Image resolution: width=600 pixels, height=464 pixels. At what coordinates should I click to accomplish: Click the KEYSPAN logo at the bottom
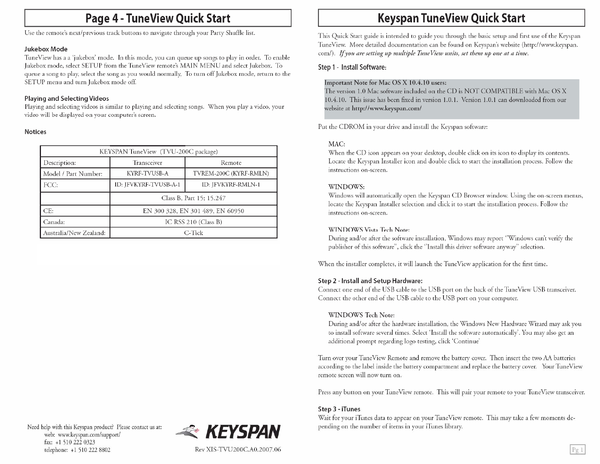(x=228, y=431)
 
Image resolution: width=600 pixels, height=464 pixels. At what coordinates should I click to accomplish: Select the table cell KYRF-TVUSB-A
(x=147, y=174)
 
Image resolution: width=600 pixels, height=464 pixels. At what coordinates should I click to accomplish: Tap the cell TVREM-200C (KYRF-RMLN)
(x=231, y=174)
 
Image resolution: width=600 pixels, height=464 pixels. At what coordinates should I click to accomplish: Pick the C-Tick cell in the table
(x=193, y=233)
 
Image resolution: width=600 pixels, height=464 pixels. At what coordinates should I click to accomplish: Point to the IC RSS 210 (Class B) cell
(x=193, y=222)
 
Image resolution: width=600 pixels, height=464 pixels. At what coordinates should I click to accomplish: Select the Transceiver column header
(x=147, y=163)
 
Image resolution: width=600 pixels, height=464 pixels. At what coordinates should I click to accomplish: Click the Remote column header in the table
(x=231, y=163)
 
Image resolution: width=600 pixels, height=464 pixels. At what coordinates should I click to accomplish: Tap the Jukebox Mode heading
(x=46, y=49)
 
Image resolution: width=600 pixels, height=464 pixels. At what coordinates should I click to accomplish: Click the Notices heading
(x=35, y=132)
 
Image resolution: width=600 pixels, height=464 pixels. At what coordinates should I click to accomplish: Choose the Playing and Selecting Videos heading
(x=67, y=99)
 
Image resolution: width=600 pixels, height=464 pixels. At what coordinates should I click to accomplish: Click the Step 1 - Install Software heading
(x=352, y=67)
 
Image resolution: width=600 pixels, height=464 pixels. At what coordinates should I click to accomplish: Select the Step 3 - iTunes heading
(x=339, y=409)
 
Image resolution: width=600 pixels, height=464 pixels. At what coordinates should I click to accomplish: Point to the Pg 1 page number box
(x=578, y=450)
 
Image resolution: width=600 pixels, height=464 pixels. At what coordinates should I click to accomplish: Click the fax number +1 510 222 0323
(x=75, y=442)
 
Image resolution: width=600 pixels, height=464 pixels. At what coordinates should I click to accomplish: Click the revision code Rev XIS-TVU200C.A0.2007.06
(x=238, y=450)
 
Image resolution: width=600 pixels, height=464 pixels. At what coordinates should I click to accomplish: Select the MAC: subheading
(x=337, y=144)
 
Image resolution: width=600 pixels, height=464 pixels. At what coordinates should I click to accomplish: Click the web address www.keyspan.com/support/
(x=89, y=435)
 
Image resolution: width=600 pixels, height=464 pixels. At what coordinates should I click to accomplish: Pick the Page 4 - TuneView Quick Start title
(x=158, y=18)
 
